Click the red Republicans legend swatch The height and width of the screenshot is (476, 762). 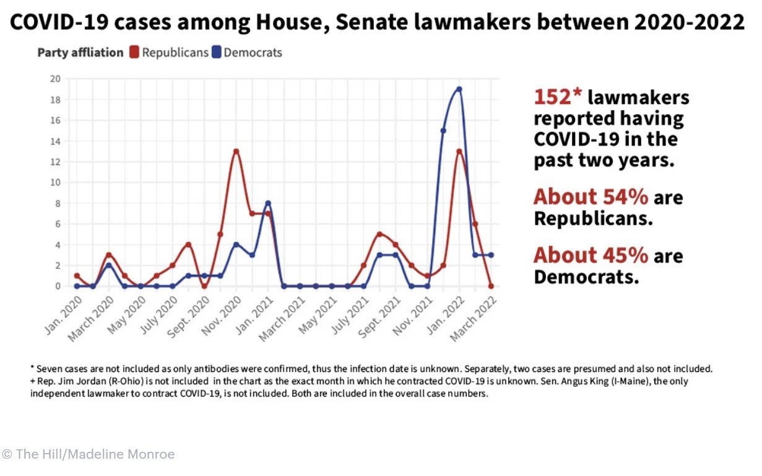(x=134, y=53)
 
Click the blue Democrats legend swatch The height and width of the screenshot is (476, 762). (x=216, y=53)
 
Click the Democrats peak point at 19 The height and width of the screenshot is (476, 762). (x=459, y=89)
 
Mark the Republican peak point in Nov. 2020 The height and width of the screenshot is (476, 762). (x=236, y=151)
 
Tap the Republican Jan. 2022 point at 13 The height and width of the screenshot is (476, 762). (x=459, y=151)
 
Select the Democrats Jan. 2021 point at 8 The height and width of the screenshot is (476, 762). (x=268, y=203)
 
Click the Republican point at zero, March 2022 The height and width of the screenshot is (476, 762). (x=491, y=286)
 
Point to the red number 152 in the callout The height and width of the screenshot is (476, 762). (x=558, y=97)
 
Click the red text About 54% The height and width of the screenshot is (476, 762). (x=591, y=197)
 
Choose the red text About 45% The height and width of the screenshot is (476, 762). (x=591, y=255)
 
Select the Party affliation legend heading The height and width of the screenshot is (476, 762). (x=80, y=53)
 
